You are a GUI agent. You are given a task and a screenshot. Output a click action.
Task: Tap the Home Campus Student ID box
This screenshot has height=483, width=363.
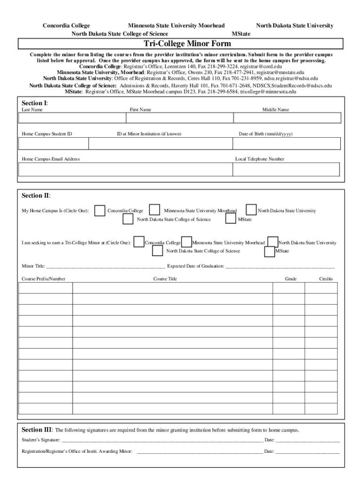point(53,143)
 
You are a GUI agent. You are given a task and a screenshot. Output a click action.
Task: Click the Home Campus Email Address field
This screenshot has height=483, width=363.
point(125,169)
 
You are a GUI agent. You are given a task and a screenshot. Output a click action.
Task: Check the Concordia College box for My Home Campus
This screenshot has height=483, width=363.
point(100,210)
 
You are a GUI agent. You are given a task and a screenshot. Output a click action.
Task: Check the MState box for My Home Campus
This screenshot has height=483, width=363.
point(231,219)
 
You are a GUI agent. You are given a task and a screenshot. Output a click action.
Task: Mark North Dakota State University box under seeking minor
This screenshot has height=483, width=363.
point(273,242)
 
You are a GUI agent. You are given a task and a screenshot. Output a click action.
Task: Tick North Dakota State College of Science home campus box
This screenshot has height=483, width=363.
point(128,219)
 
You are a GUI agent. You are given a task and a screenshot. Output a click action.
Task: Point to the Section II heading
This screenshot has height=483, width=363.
point(36,195)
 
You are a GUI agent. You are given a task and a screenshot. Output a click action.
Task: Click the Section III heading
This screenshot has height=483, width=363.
point(37,430)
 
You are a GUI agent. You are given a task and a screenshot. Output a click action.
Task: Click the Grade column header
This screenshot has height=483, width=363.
point(291,279)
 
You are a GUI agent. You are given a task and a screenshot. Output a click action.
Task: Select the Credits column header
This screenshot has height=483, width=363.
point(326,279)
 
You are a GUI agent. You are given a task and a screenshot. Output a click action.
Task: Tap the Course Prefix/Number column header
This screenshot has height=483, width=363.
point(43,279)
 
